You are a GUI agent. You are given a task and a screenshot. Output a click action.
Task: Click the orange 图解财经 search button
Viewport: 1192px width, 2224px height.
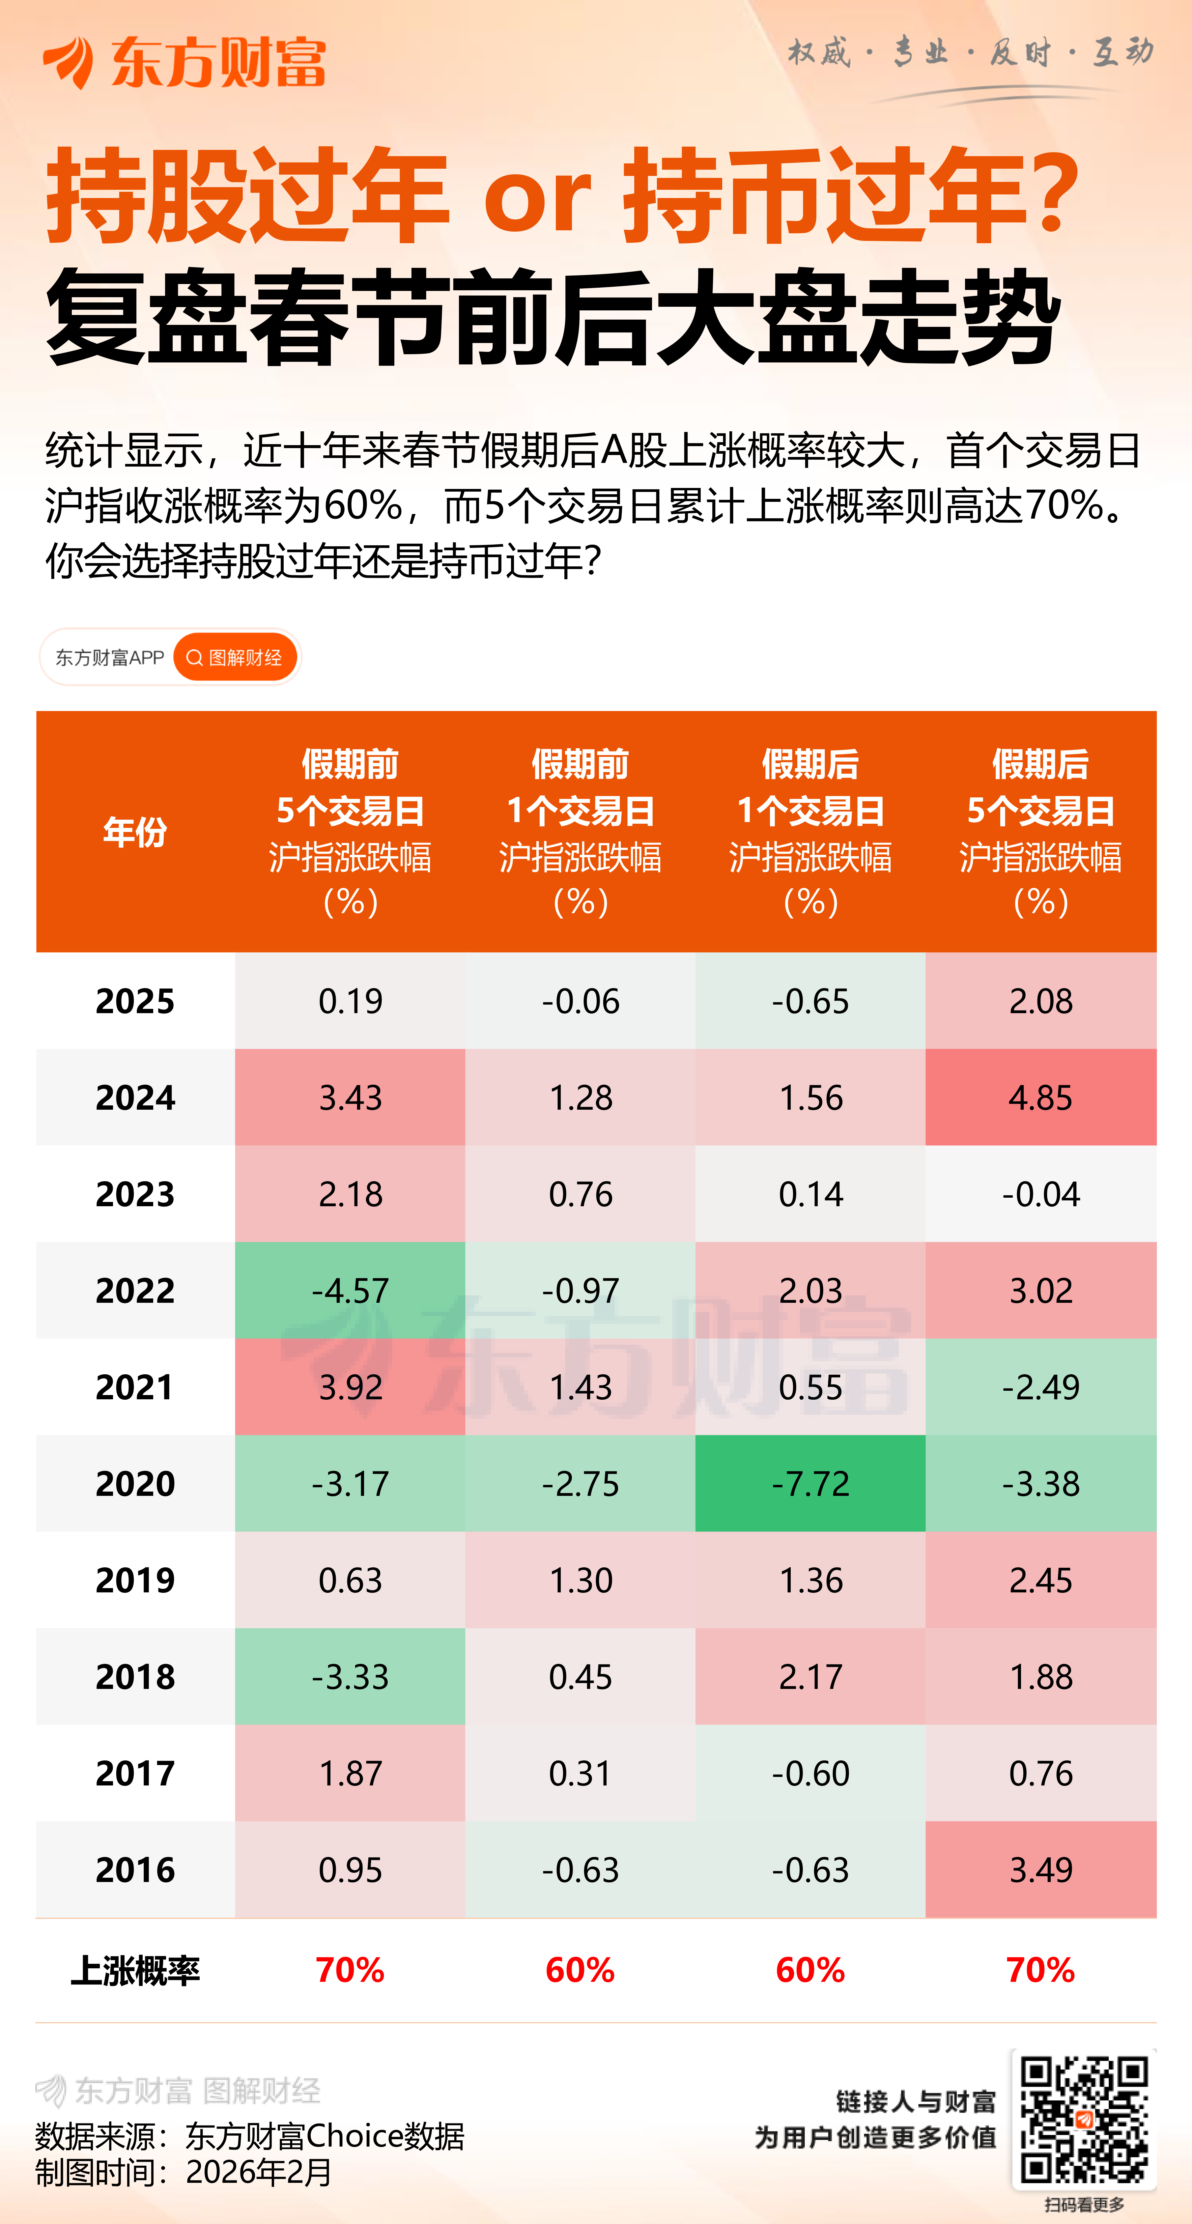[235, 658]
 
